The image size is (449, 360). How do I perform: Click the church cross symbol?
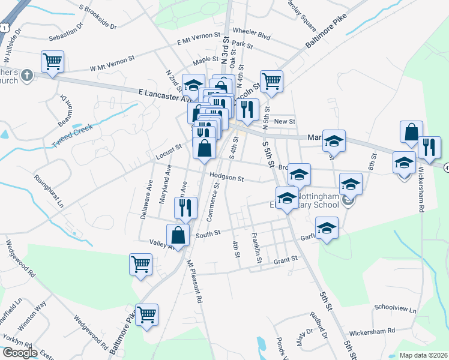[x=26, y=76]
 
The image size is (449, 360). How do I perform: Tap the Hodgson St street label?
[x=227, y=178]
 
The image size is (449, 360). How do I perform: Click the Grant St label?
[x=285, y=260]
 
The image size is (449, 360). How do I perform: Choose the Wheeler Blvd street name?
[x=252, y=34]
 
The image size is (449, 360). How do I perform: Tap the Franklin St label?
[x=256, y=247]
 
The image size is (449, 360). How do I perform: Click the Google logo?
[x=20, y=352]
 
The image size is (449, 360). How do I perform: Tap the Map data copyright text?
[x=423, y=355]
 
